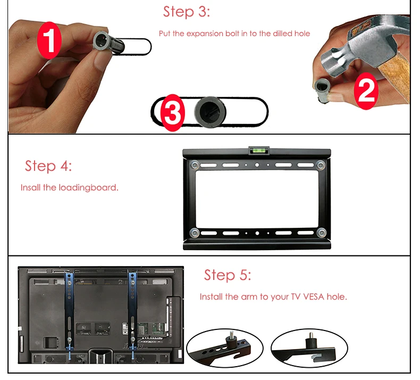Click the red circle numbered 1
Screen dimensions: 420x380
tap(49, 40)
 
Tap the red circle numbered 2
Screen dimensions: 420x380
tap(366, 90)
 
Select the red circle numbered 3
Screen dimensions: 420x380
tap(172, 113)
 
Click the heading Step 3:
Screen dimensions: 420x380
tap(187, 12)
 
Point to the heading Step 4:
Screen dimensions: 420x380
tap(48, 166)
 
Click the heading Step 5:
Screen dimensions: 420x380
tap(228, 275)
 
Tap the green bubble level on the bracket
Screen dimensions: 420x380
tap(259, 150)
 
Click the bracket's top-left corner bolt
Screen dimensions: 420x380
tap(195, 164)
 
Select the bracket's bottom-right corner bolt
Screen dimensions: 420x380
tap(321, 232)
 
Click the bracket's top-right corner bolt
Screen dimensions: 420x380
tap(321, 164)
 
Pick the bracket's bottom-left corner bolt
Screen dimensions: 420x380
tap(195, 233)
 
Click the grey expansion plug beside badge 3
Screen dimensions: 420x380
tap(211, 112)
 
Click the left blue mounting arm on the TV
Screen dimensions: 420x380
tap(69, 312)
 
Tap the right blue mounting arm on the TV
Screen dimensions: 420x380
tap(132, 312)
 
